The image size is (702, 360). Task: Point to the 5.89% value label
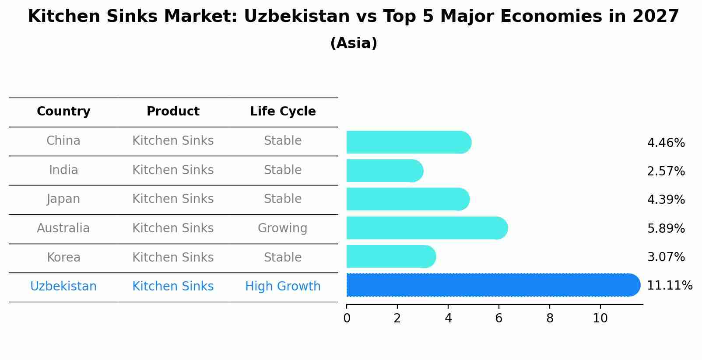pos(666,228)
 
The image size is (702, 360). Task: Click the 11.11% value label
pos(669,286)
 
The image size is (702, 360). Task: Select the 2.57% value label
pos(666,171)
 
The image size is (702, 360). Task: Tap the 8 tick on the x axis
pos(550,318)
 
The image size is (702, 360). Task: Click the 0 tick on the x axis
pos(347,318)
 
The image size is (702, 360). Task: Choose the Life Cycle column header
pos(283,112)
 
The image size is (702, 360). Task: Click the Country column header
pos(63,112)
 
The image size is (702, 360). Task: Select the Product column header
pos(173,112)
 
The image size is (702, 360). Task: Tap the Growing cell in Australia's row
pos(282,228)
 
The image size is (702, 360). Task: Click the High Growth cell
pos(283,287)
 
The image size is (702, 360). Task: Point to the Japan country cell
pos(63,199)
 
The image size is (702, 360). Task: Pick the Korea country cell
pos(63,257)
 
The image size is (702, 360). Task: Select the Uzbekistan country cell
pos(63,287)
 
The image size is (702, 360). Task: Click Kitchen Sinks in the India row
pos(173,170)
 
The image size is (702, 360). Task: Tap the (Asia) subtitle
pos(354,43)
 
